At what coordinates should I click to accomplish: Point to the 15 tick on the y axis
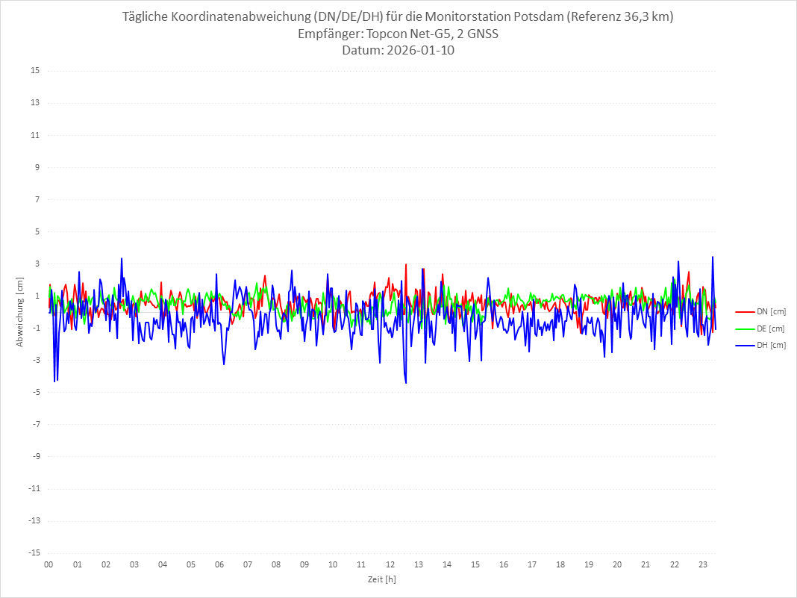tap(35, 71)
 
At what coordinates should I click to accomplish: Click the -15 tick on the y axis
tap(34, 553)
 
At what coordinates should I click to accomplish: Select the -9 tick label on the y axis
tap(35, 456)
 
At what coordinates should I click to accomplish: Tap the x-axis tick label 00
tap(49, 565)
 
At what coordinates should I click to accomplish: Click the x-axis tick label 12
tap(390, 565)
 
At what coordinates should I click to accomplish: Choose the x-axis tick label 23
tap(702, 565)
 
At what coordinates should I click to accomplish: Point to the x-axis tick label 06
tap(219, 565)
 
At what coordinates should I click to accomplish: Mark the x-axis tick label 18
tap(560, 565)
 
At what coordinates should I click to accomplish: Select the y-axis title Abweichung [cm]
tap(20, 312)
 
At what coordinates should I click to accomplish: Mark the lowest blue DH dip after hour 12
tap(406, 383)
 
